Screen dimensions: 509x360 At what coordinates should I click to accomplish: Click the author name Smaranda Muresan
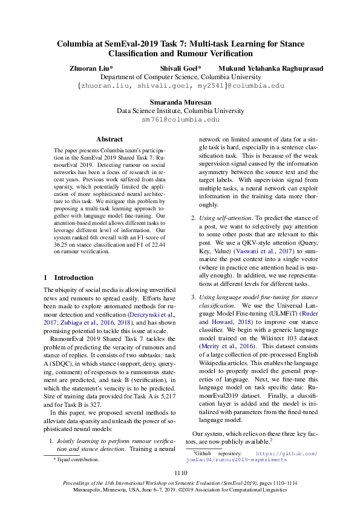click(180, 103)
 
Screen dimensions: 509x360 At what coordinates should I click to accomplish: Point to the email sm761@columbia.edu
click(180, 120)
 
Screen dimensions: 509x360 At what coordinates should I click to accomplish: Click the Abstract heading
click(110, 139)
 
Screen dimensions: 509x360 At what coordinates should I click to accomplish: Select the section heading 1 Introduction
click(69, 277)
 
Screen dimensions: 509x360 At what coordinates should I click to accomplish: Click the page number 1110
click(180, 473)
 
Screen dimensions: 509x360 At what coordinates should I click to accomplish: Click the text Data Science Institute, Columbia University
click(180, 111)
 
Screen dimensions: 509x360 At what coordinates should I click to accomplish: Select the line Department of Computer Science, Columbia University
click(180, 77)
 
